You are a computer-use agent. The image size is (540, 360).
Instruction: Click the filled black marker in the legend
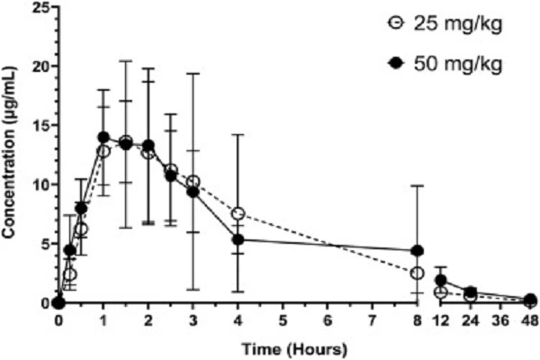[392, 64]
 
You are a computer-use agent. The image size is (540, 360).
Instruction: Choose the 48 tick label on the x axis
[530, 321]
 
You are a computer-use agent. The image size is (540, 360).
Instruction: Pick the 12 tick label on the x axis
[441, 321]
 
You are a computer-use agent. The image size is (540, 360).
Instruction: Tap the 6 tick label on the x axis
[328, 321]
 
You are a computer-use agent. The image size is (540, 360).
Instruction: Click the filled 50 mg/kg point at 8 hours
[418, 251]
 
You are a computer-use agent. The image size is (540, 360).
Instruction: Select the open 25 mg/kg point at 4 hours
[238, 214]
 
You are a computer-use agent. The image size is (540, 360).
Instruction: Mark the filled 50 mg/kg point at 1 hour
[103, 138]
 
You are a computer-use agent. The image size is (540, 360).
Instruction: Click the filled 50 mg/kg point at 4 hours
[238, 239]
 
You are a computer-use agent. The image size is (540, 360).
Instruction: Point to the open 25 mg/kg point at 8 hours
[418, 273]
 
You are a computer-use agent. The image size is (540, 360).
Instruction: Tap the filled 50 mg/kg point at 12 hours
[441, 280]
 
